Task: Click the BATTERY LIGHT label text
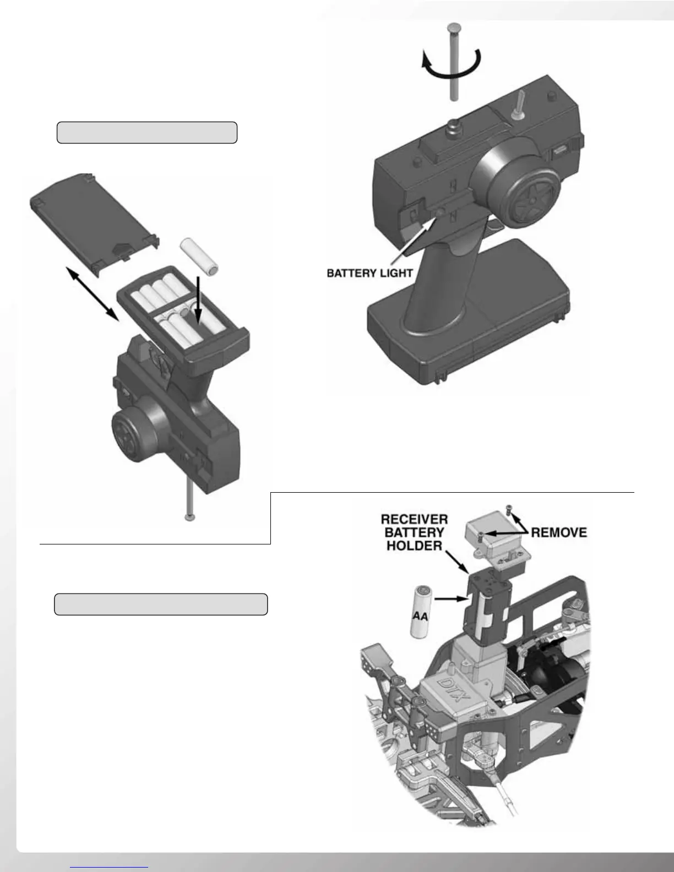369,273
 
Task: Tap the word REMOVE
558,532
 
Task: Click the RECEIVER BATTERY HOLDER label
414,532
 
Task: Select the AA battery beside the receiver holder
421,611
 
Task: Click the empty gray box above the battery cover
147,133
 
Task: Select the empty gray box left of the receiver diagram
161,604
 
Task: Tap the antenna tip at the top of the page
454,28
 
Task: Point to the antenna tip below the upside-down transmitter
190,517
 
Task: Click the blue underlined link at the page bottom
109,867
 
